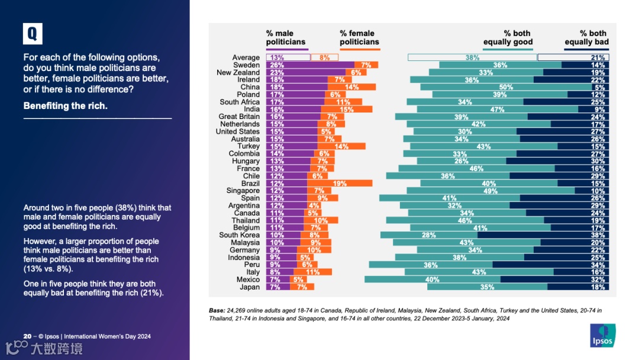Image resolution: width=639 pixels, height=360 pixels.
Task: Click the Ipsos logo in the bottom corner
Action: [602, 335]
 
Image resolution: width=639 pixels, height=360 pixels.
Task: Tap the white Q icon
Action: [33, 34]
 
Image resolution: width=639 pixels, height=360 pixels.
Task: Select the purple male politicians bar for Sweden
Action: [310, 65]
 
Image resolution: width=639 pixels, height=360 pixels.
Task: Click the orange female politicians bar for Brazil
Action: [340, 184]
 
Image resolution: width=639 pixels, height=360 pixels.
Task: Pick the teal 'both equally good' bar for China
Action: [506, 87]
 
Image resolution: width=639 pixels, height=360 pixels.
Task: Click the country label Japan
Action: [250, 287]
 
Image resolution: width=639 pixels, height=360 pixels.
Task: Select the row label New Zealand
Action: [238, 72]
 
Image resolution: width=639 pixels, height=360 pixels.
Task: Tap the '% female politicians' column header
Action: [359, 37]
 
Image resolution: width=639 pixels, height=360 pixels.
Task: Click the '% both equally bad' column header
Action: [586, 37]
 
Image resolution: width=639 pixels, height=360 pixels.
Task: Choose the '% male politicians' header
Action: [286, 37]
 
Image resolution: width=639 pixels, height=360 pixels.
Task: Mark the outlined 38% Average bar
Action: [472, 57]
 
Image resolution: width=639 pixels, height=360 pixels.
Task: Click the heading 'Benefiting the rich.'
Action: [65, 106]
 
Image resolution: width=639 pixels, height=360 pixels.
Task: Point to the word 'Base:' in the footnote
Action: [217, 310]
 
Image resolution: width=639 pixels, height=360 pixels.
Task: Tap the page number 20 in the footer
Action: [27, 336]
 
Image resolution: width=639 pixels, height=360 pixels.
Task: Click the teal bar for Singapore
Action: [490, 191]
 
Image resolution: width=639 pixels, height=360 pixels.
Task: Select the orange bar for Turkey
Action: [341, 146]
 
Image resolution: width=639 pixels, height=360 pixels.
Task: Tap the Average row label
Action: [246, 57]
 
